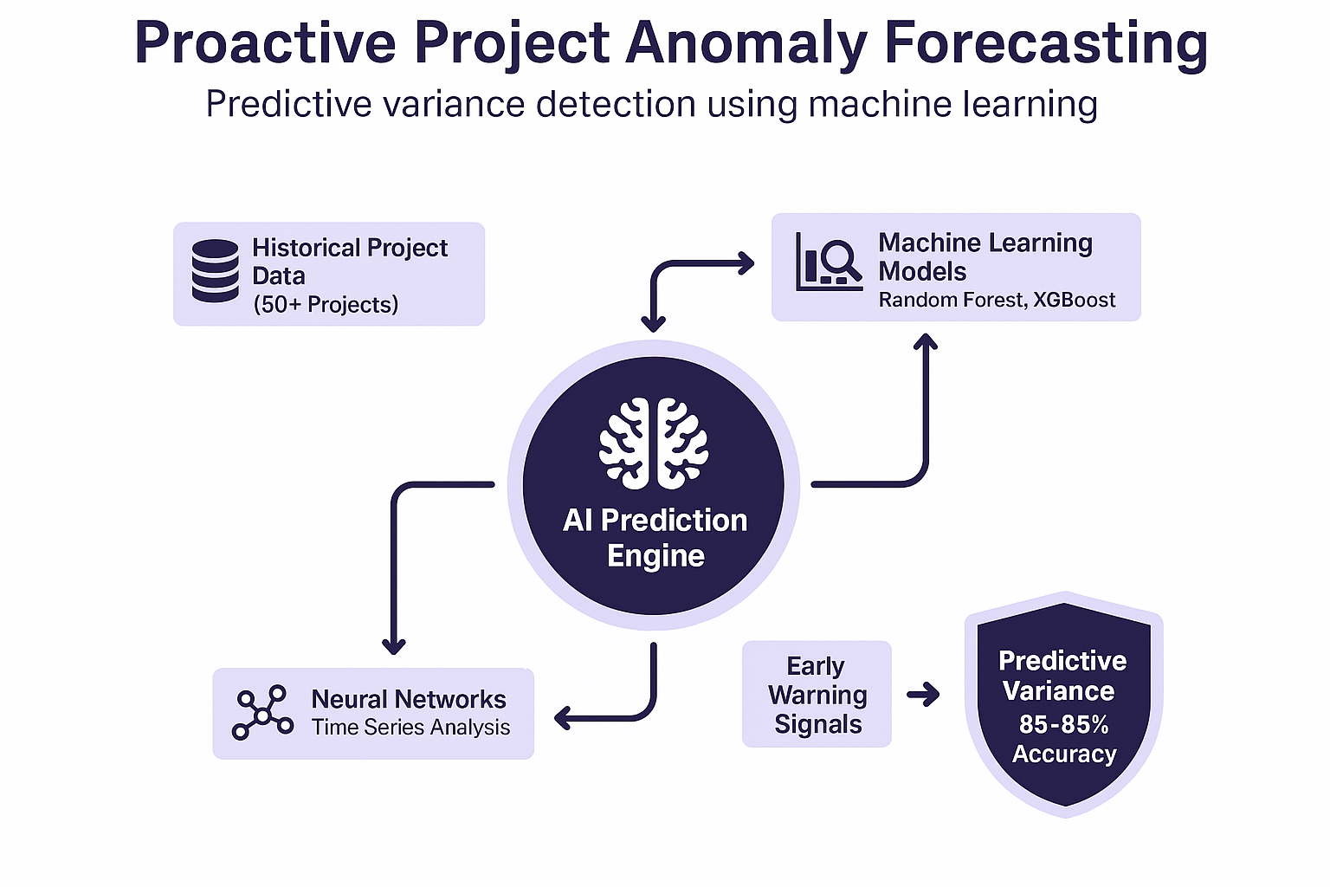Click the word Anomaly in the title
point(746,43)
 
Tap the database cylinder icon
point(215,271)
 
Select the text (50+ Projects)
point(326,305)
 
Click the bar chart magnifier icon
point(829,261)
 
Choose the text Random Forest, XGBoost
point(997,300)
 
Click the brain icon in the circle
point(654,443)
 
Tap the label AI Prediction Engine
point(655,537)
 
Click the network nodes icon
point(262,712)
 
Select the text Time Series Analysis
point(410,728)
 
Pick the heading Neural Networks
point(409,699)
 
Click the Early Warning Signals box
point(817,694)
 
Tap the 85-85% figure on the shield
point(1063,723)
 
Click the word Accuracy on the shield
point(1064,754)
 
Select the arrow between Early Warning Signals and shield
point(923,694)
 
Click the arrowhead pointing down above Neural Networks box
point(394,645)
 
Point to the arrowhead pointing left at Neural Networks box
point(563,717)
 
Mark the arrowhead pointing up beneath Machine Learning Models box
point(926,342)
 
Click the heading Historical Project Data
point(349,262)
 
